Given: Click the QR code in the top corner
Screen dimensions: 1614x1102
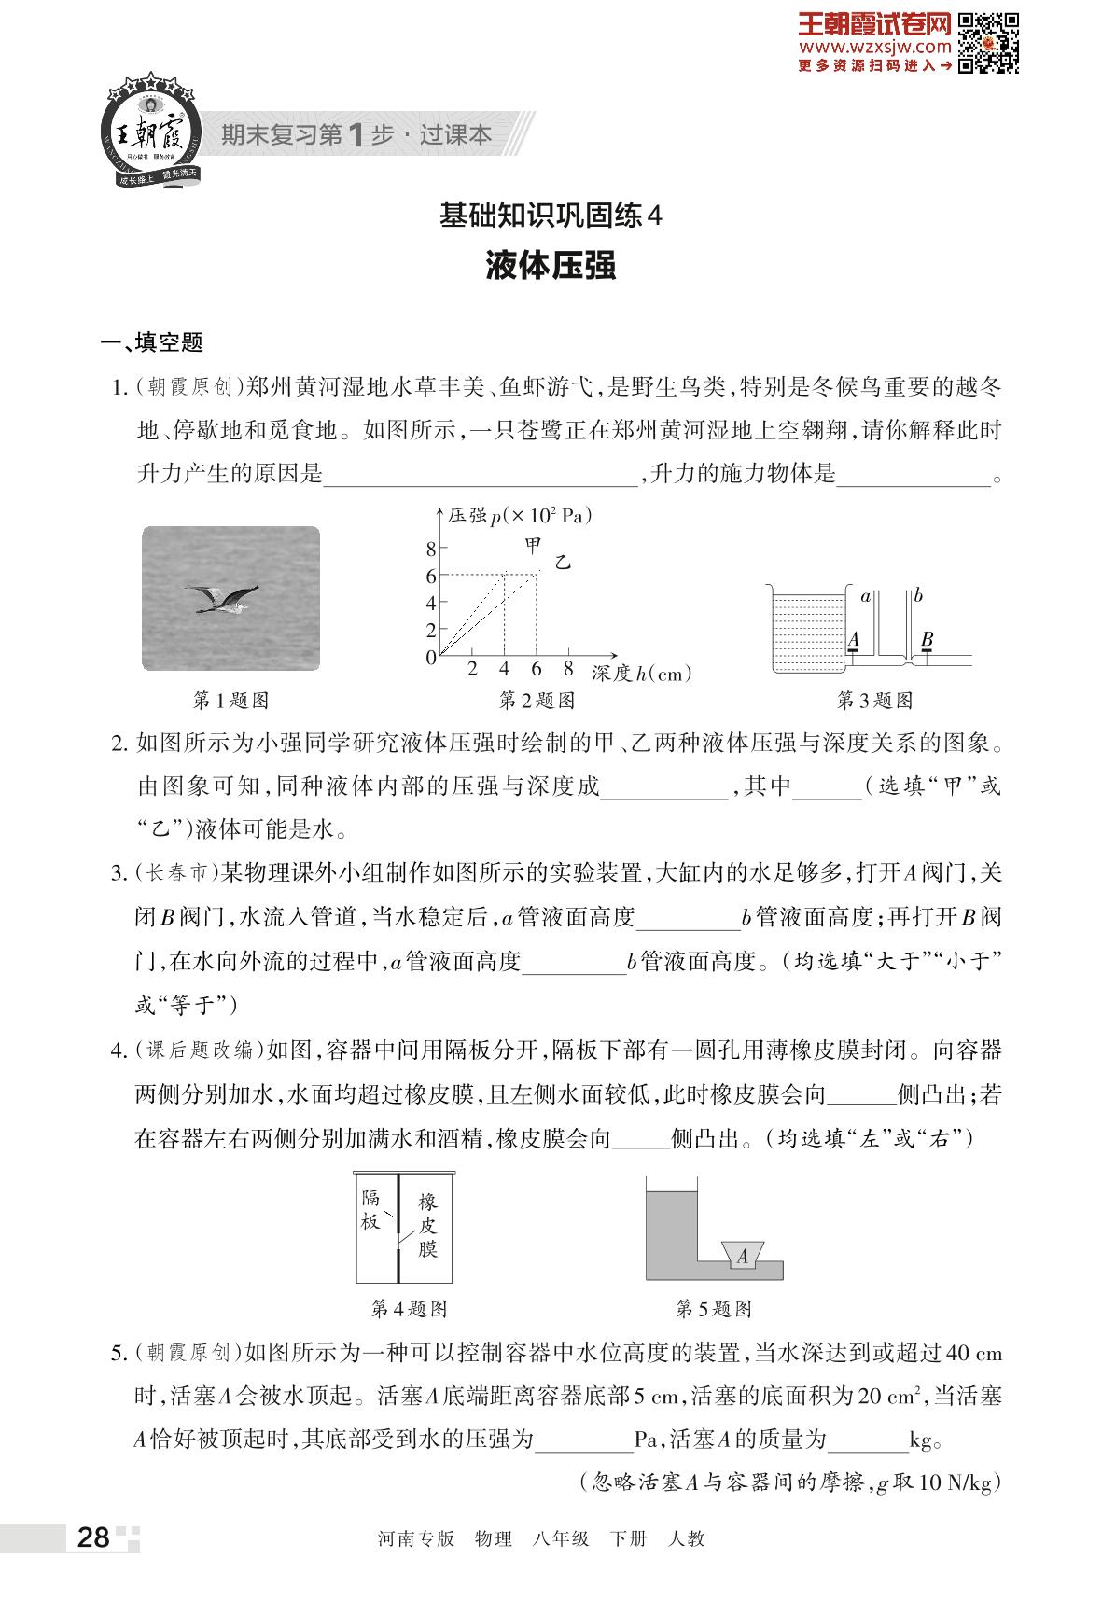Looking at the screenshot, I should tap(989, 43).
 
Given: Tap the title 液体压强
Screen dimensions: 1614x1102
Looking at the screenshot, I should tap(551, 266).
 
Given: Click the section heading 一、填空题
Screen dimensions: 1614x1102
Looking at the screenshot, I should tap(152, 343).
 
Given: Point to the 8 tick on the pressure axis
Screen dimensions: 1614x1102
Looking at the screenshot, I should tap(431, 548).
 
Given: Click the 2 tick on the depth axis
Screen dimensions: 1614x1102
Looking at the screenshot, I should tap(472, 669).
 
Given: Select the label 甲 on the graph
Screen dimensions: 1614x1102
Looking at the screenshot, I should tap(533, 544).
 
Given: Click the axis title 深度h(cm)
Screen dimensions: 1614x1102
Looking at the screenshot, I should tap(642, 673).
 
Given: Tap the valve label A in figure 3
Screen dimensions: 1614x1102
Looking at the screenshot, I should tap(851, 639).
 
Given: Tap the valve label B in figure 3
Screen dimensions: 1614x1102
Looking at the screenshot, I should tap(927, 639).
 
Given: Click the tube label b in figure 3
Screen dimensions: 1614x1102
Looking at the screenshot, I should tap(919, 595).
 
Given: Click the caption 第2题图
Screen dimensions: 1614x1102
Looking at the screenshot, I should tap(537, 701).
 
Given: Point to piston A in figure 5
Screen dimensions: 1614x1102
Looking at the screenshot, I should tap(743, 1256).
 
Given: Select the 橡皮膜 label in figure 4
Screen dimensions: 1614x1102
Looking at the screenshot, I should tap(427, 1225).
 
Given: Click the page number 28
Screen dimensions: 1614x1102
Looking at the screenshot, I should tap(93, 1537).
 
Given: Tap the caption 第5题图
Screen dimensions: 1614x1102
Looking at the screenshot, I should tap(713, 1309).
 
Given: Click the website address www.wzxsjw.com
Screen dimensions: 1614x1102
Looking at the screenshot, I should tap(874, 47).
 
